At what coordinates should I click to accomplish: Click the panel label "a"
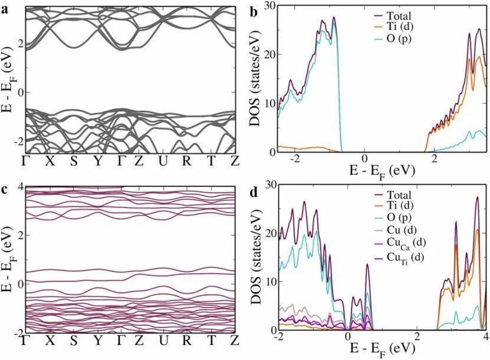click(x=5, y=9)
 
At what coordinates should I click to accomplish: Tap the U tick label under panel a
click(x=162, y=162)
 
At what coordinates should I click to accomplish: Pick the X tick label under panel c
click(x=50, y=341)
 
